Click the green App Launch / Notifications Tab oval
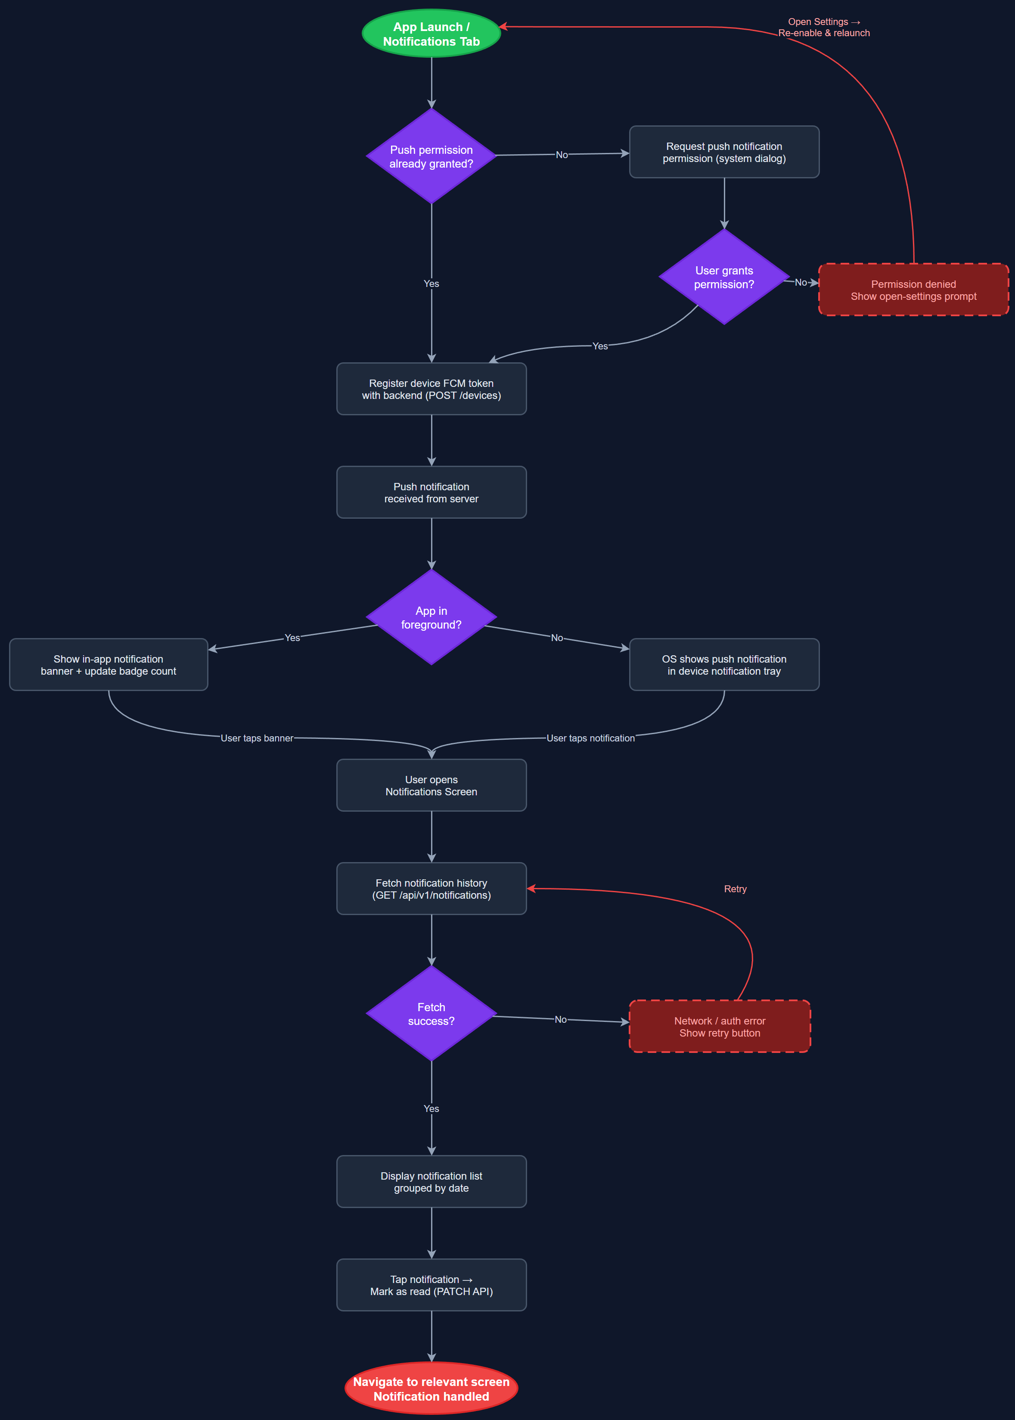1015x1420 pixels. pos(431,34)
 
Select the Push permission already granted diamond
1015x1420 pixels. pos(431,156)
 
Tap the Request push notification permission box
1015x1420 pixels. pos(724,152)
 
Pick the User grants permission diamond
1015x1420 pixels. pos(724,277)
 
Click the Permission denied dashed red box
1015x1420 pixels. pos(913,290)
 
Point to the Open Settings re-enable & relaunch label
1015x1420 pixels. pos(824,28)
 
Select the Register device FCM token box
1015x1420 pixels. pos(431,389)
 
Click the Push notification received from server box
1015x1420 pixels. pos(431,492)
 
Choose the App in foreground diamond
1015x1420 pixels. pos(431,617)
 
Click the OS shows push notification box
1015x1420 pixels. pos(724,665)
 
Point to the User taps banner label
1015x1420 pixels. pos(257,738)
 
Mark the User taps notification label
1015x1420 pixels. pos(591,738)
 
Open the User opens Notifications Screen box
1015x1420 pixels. pos(431,785)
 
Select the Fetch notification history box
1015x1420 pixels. pos(431,888)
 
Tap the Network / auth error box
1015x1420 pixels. pos(720,1027)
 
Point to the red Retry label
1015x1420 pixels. pos(735,888)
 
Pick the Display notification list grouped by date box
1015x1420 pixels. pos(431,1182)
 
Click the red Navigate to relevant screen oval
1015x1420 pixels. pos(431,1388)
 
